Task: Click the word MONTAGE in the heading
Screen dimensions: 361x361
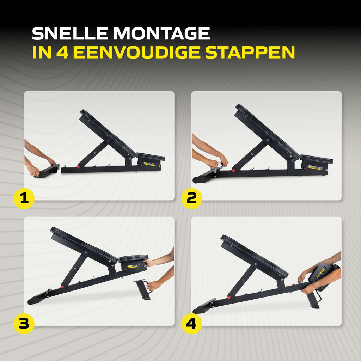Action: (x=161, y=33)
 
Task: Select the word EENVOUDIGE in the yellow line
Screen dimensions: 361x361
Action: (x=136, y=52)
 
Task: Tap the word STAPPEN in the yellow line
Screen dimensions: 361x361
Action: (x=250, y=52)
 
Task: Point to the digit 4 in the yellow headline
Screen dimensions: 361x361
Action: (x=62, y=52)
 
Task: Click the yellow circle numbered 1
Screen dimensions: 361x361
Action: (x=24, y=198)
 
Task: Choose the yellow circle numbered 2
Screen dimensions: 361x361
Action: (x=191, y=198)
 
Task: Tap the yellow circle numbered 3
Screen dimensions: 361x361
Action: (x=24, y=324)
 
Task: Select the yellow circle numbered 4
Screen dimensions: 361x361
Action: (x=191, y=324)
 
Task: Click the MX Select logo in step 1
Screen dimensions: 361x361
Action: (x=149, y=164)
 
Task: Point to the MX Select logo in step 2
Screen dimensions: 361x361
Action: (x=316, y=167)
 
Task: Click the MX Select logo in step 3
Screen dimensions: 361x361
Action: (x=134, y=266)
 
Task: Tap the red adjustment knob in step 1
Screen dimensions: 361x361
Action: (x=79, y=167)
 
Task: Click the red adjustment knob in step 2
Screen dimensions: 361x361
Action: (x=234, y=170)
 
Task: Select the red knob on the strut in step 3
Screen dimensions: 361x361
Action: (x=62, y=287)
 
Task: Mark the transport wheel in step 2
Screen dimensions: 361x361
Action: (x=196, y=180)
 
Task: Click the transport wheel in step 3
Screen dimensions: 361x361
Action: (x=30, y=302)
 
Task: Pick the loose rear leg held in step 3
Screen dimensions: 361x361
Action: (x=142, y=289)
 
